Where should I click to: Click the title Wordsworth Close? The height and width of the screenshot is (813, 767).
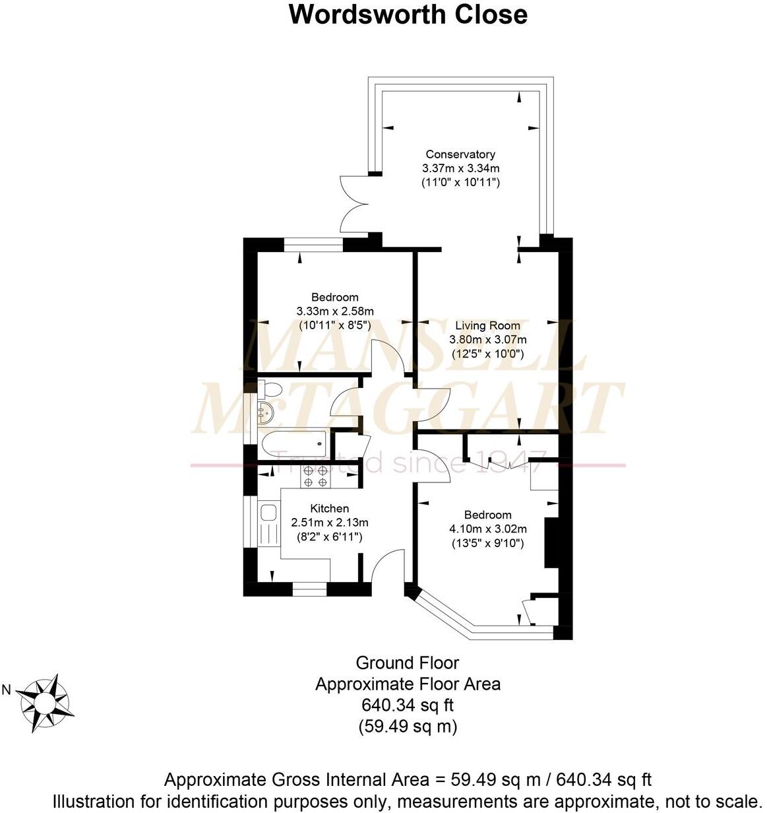pyautogui.click(x=408, y=15)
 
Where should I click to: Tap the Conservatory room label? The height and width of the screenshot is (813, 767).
pyautogui.click(x=460, y=154)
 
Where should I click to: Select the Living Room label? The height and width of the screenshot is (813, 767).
pyautogui.click(x=487, y=325)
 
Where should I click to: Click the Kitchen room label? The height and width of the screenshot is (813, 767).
pyautogui.click(x=329, y=508)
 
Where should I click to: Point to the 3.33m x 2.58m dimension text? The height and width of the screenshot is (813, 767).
pyautogui.click(x=335, y=311)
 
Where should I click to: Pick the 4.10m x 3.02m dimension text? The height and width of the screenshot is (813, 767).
pyautogui.click(x=487, y=529)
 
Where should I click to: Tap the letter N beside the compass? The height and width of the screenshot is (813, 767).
pyautogui.click(x=7, y=690)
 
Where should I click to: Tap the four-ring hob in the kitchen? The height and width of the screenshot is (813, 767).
pyautogui.click(x=315, y=476)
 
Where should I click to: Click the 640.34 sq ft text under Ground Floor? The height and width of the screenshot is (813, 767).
pyautogui.click(x=407, y=705)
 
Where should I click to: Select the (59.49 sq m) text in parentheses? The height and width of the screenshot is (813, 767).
pyautogui.click(x=407, y=727)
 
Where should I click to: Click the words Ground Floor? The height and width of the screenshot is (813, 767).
pyautogui.click(x=407, y=663)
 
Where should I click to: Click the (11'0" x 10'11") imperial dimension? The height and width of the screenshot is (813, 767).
pyautogui.click(x=460, y=182)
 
